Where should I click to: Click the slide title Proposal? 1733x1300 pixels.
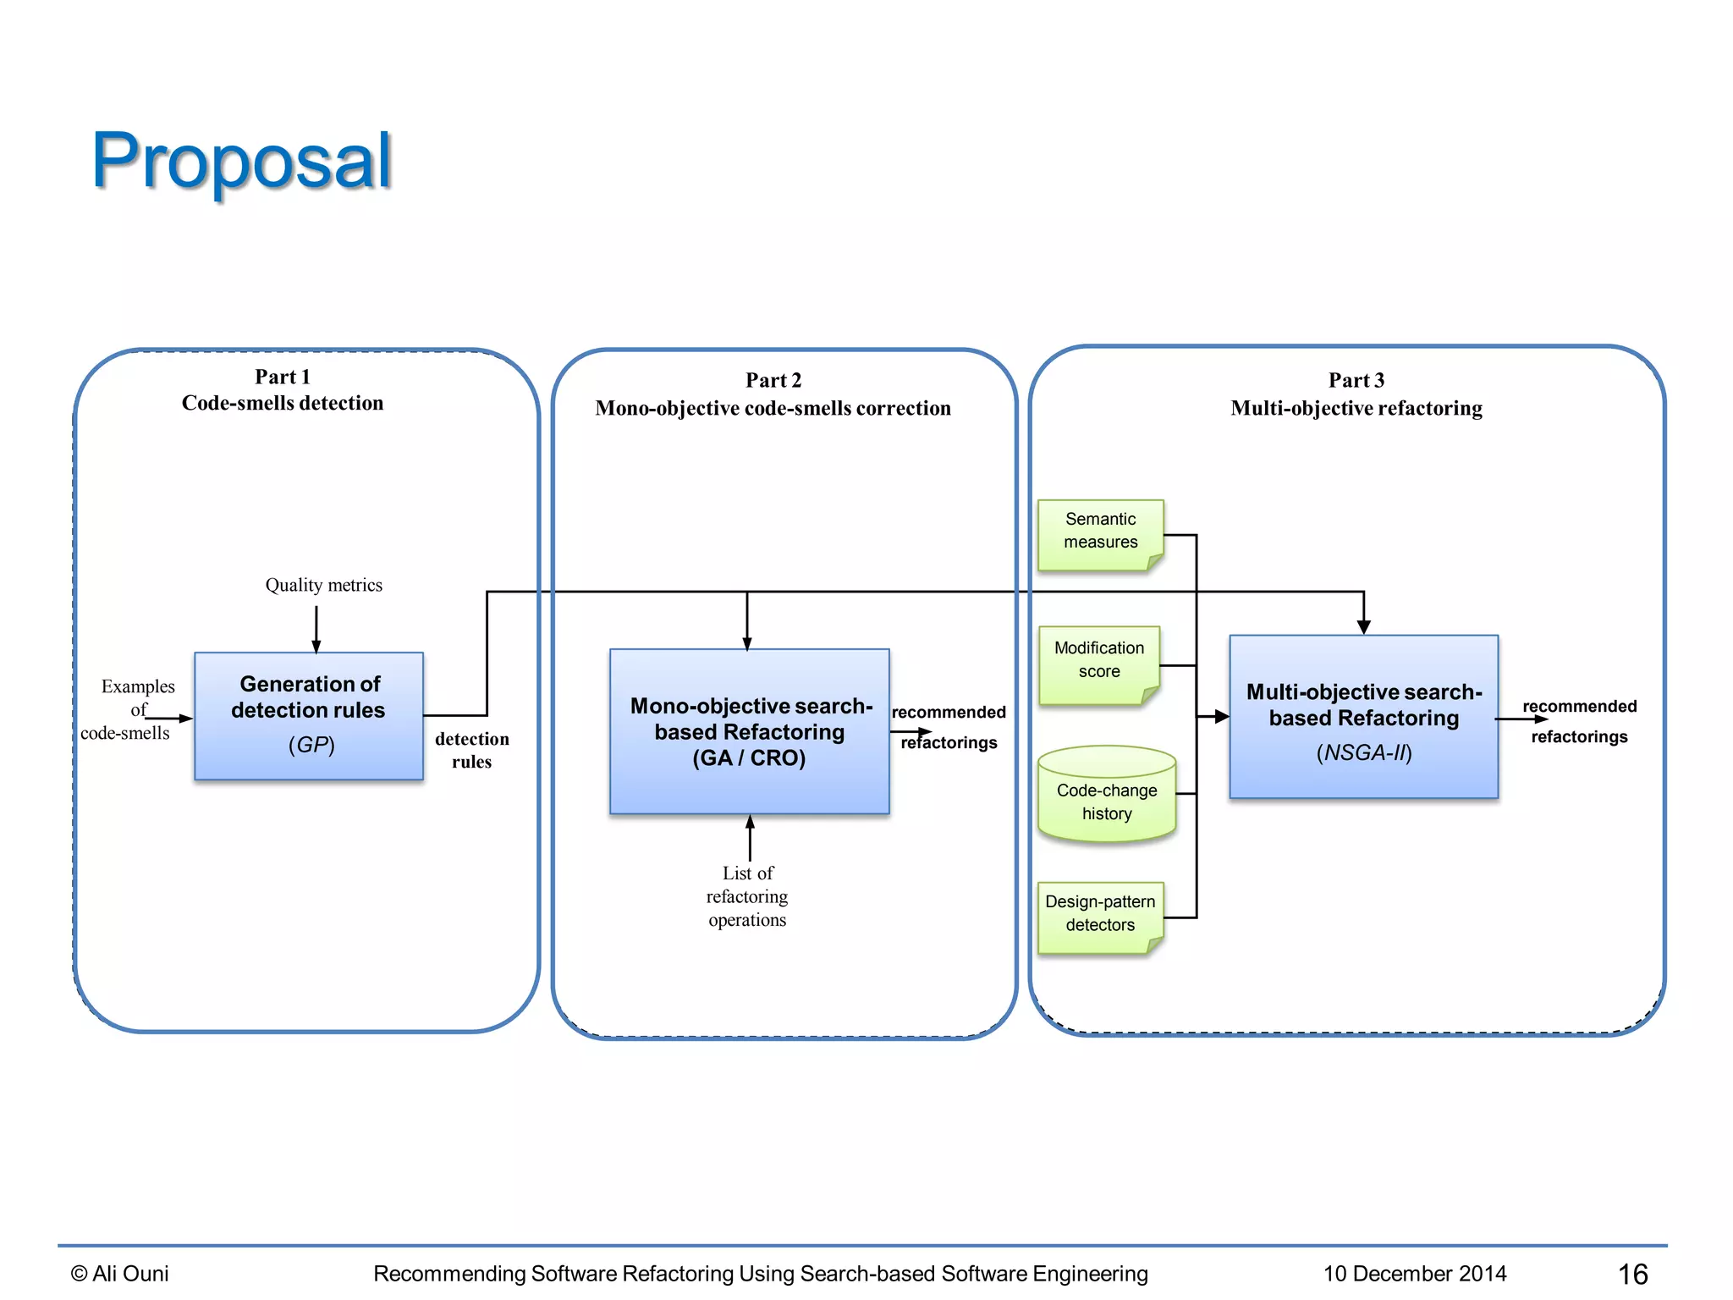click(241, 161)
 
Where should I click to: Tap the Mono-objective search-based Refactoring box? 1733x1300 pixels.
click(749, 731)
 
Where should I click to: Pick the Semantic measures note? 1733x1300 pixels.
click(1100, 532)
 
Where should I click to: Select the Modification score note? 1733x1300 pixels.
click(1098, 661)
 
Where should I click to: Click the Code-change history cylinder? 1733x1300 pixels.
click(1106, 800)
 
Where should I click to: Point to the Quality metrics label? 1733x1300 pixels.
click(323, 585)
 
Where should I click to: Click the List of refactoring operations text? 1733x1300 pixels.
click(747, 896)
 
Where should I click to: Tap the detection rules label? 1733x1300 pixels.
click(471, 750)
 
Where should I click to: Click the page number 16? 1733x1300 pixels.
click(1632, 1274)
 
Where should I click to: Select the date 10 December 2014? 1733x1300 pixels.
click(1414, 1274)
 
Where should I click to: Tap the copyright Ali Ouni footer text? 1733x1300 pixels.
click(120, 1274)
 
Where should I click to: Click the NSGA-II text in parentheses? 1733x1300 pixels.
click(1363, 752)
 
